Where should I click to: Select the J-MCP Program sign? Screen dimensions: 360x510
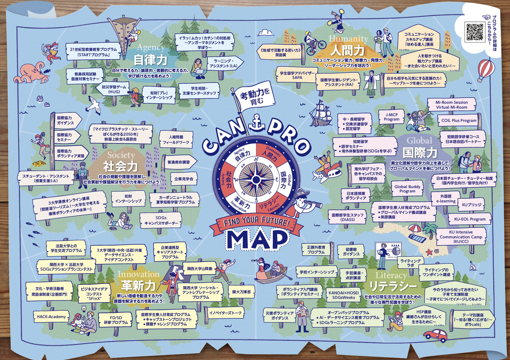391,117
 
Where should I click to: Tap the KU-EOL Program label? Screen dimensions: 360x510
470,219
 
